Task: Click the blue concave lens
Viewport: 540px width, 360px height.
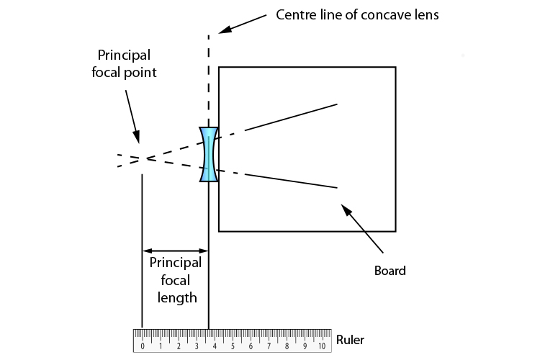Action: [208, 154]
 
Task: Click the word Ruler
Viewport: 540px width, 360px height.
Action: [350, 340]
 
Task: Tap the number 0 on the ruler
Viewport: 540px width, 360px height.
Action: [143, 346]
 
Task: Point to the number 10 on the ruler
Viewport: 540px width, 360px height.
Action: [322, 346]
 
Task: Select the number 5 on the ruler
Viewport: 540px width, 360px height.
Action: [233, 346]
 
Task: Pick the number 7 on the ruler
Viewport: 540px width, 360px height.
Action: [269, 346]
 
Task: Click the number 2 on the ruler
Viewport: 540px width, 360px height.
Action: [179, 346]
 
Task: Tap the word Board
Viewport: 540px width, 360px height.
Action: [390, 271]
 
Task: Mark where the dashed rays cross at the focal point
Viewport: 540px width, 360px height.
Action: [146, 158]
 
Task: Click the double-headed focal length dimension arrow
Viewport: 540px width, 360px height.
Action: [175, 251]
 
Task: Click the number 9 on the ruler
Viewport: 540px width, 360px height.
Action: [304, 346]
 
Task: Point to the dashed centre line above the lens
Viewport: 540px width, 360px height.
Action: [209, 79]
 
